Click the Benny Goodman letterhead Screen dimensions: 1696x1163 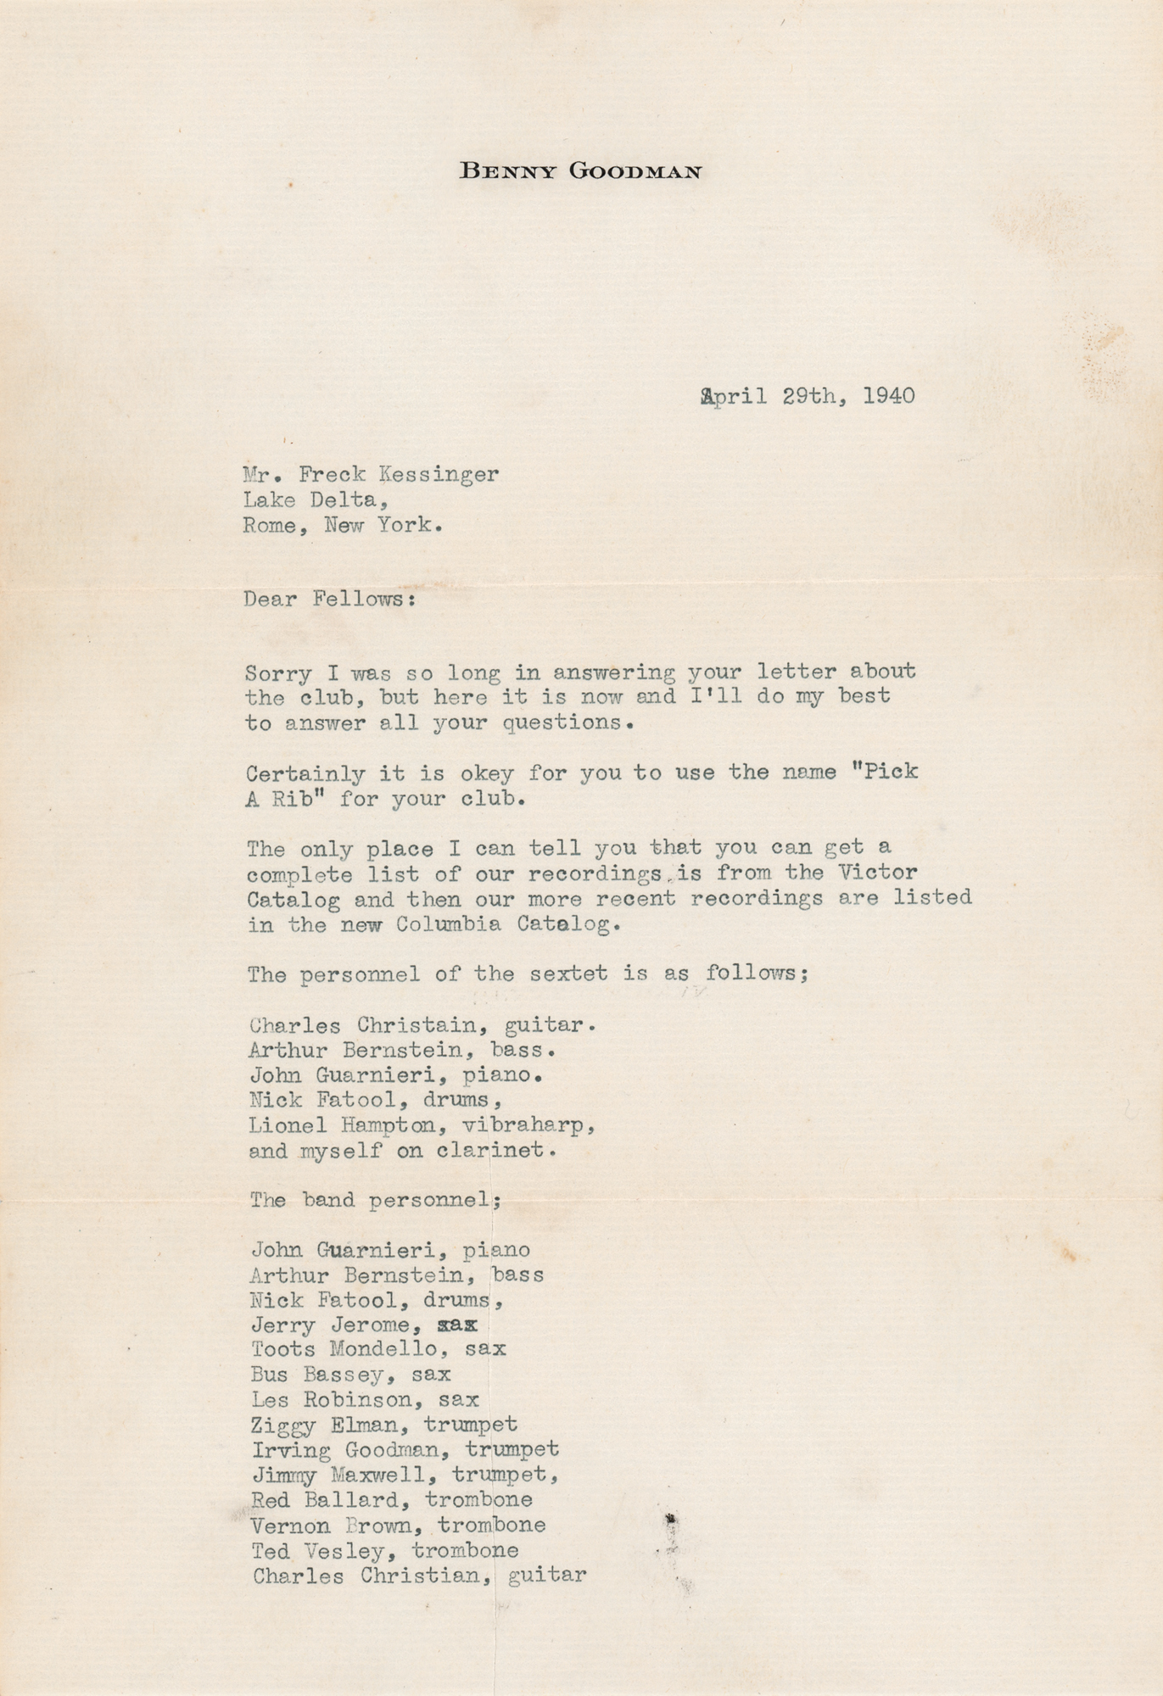[x=580, y=171]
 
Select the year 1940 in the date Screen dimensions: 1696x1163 [x=888, y=396]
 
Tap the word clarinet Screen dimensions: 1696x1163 [x=497, y=1152]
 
